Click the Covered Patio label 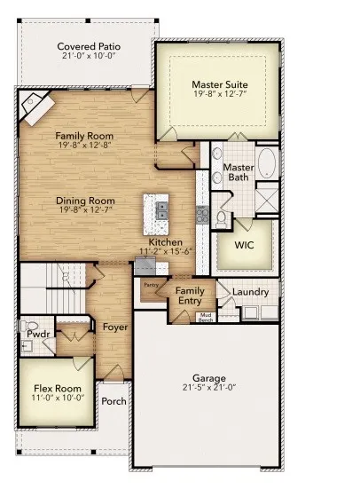(x=89, y=46)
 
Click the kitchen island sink (x=162, y=209)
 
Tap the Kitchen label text (x=165, y=241)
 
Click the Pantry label (x=151, y=285)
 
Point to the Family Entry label (x=190, y=296)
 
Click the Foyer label (x=114, y=327)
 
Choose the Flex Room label (x=58, y=389)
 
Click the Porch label (x=114, y=401)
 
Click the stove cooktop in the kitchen (x=202, y=214)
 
